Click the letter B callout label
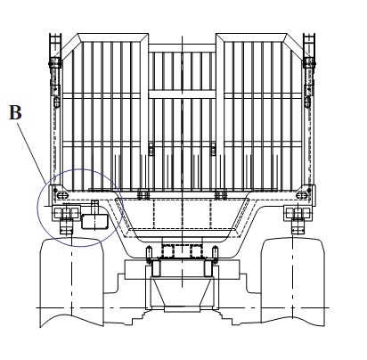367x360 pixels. (x=15, y=113)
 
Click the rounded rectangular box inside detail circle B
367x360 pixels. (x=94, y=222)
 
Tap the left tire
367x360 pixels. (x=71, y=282)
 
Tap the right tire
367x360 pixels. (x=293, y=282)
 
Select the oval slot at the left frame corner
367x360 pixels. (x=61, y=196)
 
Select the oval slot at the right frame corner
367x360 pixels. (x=302, y=196)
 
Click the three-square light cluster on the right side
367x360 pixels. (x=298, y=213)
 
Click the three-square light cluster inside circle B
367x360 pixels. (x=66, y=213)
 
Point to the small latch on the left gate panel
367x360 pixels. (x=151, y=149)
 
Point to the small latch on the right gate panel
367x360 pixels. (x=213, y=149)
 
